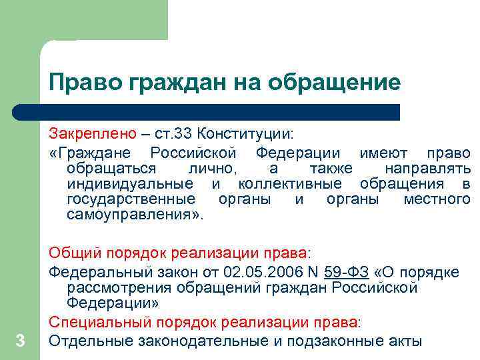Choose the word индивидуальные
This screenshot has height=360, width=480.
[x=131, y=183]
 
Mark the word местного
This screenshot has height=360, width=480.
[x=437, y=199]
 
